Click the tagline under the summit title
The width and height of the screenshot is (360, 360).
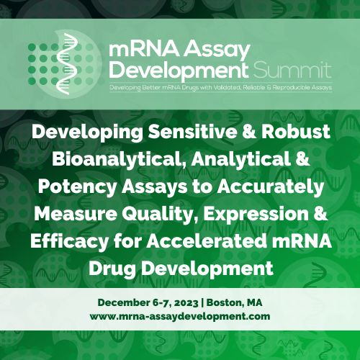coord(220,87)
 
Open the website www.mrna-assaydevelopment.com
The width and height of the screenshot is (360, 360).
coord(180,315)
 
